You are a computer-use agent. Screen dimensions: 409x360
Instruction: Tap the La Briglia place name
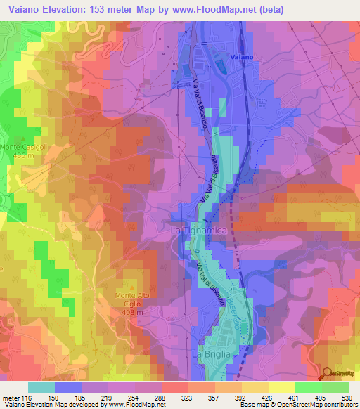click(x=210, y=355)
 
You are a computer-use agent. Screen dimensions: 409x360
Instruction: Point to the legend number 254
click(x=135, y=398)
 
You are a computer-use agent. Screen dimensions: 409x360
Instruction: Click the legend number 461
click(x=295, y=398)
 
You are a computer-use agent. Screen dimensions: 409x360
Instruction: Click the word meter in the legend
click(x=12, y=398)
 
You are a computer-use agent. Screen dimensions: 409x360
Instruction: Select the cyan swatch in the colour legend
click(x=41, y=387)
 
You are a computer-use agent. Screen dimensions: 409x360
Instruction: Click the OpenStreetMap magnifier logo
click(x=328, y=375)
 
